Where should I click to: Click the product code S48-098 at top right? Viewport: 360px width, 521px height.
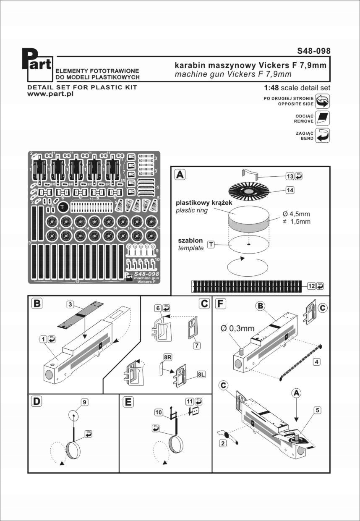pyautogui.click(x=313, y=51)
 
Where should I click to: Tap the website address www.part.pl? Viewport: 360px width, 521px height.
pyautogui.click(x=50, y=94)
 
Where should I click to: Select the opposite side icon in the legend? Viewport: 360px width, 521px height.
pyautogui.click(x=322, y=101)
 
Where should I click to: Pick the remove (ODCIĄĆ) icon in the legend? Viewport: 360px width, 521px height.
pyautogui.click(x=322, y=118)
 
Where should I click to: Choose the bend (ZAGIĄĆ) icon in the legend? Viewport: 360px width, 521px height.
pyautogui.click(x=322, y=135)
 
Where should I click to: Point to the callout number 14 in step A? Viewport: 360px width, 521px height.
pyautogui.click(x=290, y=190)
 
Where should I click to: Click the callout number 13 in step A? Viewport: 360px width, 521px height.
pyautogui.click(x=290, y=176)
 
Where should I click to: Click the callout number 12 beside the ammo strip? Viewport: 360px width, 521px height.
pyautogui.click(x=311, y=286)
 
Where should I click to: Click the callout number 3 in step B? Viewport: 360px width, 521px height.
pyautogui.click(x=70, y=304)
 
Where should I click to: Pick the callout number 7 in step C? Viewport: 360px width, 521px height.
pyautogui.click(x=196, y=345)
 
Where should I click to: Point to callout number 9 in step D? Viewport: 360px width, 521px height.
pyautogui.click(x=84, y=402)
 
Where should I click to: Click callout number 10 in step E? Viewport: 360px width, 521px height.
pyautogui.click(x=158, y=413)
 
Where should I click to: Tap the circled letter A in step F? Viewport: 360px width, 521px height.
pyautogui.click(x=296, y=392)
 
